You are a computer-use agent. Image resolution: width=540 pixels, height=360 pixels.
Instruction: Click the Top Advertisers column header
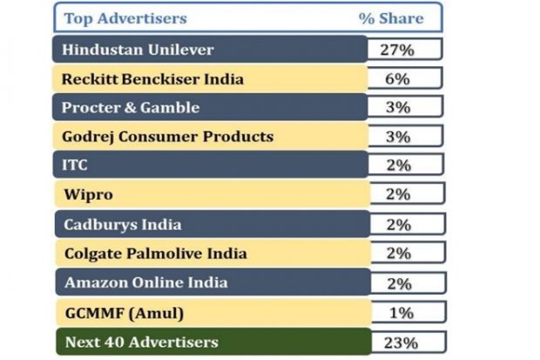coord(124,18)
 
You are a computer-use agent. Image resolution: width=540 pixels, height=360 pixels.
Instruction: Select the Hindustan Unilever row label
coord(138,49)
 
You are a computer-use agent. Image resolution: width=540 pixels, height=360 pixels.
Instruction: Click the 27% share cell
coord(397,49)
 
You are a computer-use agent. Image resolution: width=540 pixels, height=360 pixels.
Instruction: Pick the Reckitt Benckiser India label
coord(152,78)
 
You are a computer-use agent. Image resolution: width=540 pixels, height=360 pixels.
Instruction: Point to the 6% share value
coord(397,78)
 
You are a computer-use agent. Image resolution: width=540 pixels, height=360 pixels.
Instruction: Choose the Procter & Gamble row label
coord(131,107)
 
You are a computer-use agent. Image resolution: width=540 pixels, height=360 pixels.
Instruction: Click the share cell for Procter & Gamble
coord(397,107)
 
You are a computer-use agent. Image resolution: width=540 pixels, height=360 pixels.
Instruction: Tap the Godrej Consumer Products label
coord(167,136)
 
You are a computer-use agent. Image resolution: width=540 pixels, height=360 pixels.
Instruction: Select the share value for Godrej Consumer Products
coord(397,136)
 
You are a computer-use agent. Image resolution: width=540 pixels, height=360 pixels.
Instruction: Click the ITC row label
coord(75,165)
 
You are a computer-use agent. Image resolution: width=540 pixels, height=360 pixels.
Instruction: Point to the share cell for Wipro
coord(397,194)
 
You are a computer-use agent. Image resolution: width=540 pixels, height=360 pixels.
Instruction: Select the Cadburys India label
coord(122,224)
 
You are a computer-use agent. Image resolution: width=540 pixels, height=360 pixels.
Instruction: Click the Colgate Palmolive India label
coord(155,254)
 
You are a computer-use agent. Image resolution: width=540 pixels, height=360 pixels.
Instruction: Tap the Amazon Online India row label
coord(145,282)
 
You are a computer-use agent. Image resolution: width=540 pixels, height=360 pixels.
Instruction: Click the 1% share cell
coord(397,312)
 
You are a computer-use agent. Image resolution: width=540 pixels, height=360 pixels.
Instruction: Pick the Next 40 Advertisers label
coord(139,341)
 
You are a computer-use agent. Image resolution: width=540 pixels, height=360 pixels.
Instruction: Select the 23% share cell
coord(397,341)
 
